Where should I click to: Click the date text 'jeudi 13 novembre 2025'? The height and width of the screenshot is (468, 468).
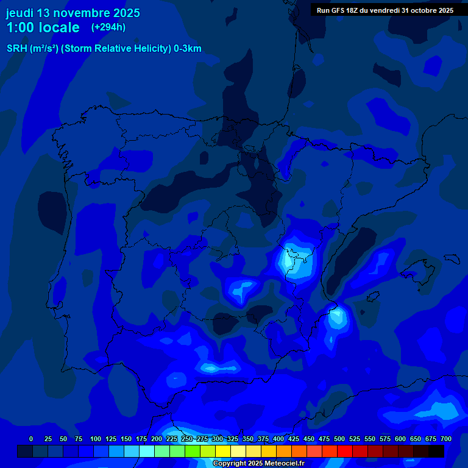click(73, 13)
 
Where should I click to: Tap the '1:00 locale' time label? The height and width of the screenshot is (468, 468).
click(43, 27)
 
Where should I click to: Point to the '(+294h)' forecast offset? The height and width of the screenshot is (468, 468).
click(108, 27)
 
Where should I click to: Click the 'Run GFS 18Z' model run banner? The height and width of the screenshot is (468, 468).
click(385, 10)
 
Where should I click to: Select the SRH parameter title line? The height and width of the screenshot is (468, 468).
click(104, 49)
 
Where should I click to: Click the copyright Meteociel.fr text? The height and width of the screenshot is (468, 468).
click(258, 463)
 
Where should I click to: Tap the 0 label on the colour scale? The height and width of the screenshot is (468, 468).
click(31, 439)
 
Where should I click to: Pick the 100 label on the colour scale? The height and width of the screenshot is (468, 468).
click(96, 439)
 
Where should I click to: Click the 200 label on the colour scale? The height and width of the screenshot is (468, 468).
click(157, 439)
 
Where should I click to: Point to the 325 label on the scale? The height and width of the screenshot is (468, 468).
click(233, 439)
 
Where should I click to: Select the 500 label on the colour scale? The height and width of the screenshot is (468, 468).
click(339, 439)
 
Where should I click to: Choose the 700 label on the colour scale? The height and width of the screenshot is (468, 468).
click(446, 439)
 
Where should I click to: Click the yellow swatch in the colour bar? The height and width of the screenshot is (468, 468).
click(223, 451)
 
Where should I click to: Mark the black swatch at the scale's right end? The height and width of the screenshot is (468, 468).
click(436, 451)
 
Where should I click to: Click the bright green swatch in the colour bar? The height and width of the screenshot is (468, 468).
click(193, 451)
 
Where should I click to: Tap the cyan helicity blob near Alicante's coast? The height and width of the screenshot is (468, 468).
click(336, 317)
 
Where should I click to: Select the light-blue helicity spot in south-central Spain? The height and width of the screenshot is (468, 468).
click(243, 288)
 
